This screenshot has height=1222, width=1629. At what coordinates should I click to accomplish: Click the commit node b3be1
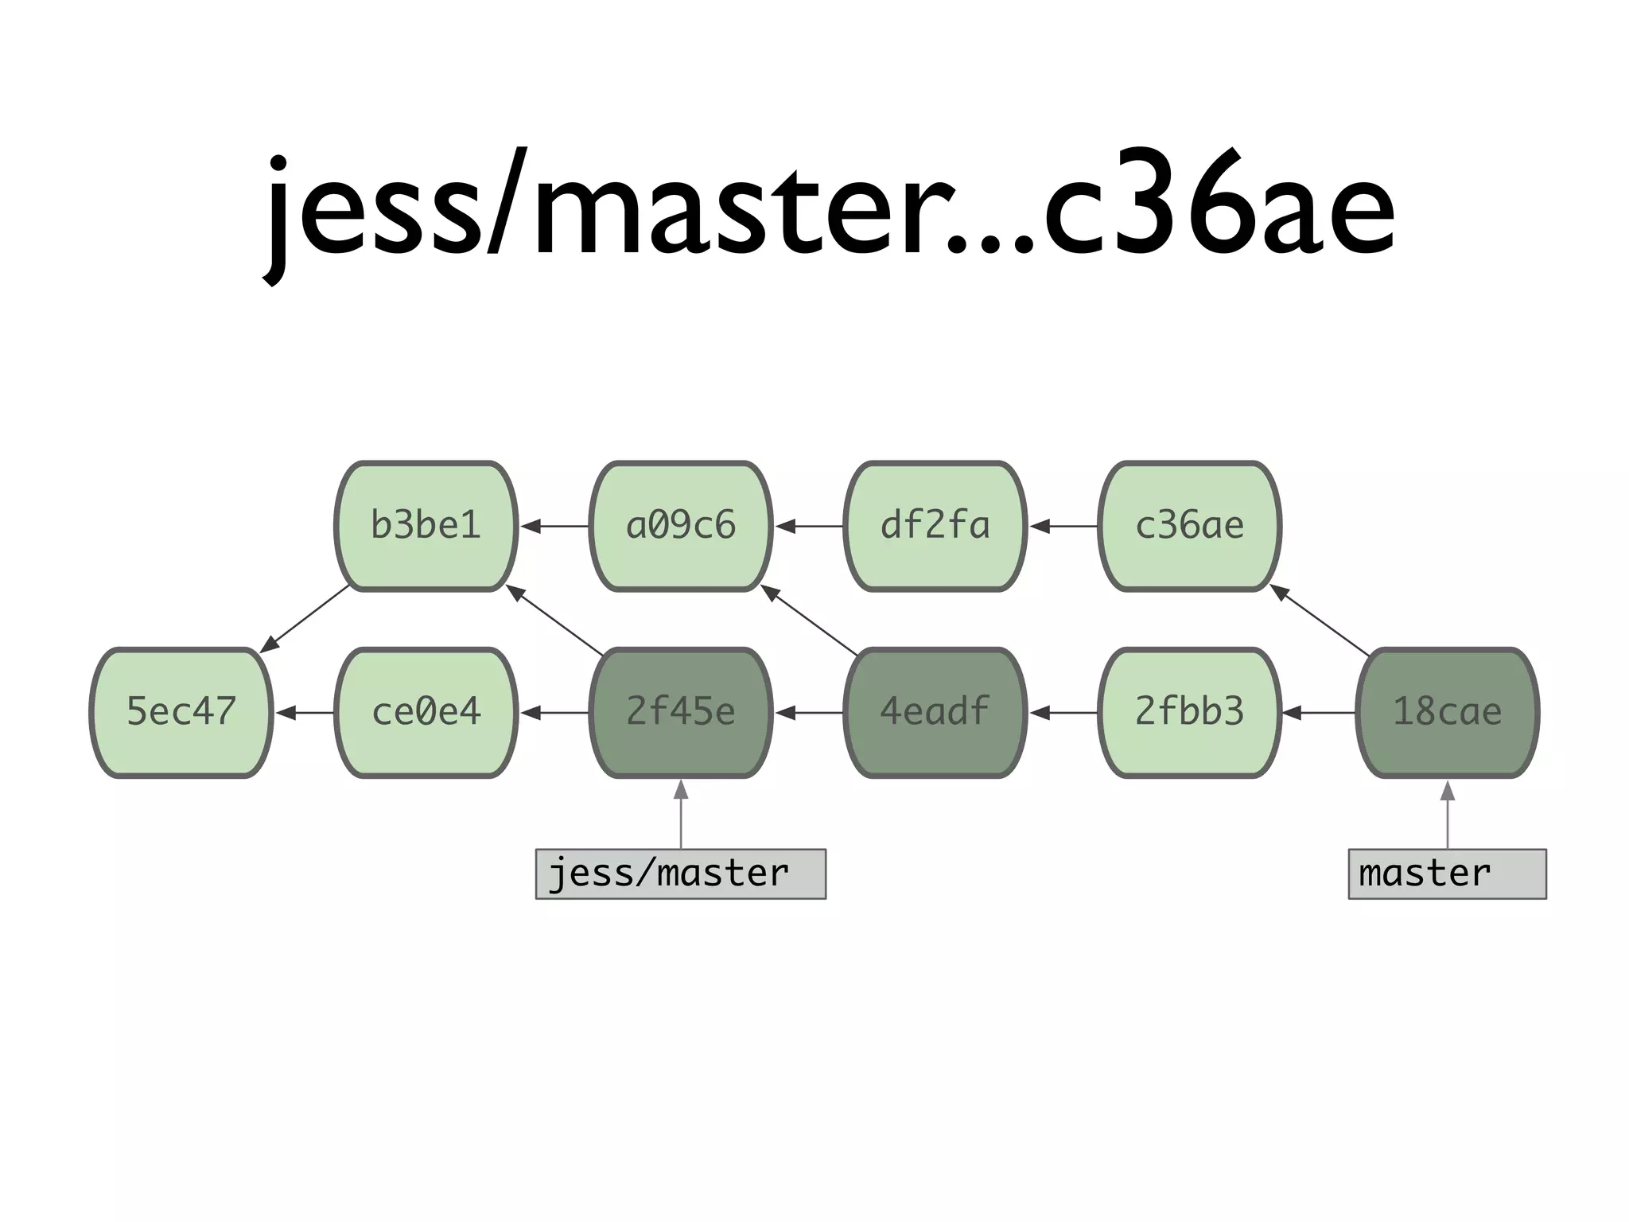point(426,526)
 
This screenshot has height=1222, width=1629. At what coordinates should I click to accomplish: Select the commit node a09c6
point(681,526)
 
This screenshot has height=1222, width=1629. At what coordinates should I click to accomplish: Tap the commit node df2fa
point(935,526)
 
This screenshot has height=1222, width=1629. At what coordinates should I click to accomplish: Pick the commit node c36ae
point(1190,526)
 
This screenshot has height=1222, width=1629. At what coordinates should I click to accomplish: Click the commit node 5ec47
point(181,712)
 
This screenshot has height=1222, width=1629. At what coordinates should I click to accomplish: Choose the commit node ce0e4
point(426,712)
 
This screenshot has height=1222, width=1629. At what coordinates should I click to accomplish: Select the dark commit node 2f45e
point(681,712)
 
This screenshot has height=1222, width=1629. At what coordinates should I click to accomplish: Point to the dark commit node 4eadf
point(935,712)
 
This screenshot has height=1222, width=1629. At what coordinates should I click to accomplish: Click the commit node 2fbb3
point(1190,712)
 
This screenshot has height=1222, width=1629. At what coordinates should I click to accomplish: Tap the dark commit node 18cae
point(1448,712)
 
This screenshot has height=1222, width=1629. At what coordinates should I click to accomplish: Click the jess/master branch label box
point(681,874)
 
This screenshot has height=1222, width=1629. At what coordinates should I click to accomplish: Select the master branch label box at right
point(1448,874)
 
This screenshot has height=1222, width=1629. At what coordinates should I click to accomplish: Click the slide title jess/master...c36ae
point(830,207)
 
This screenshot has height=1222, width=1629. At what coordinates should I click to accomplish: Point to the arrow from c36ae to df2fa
point(1063,526)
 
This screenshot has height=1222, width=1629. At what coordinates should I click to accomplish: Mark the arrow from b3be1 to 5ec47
point(305,619)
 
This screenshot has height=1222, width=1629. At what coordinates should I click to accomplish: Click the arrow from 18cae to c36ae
point(1320,620)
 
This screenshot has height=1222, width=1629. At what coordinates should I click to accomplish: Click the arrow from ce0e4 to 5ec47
point(305,712)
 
